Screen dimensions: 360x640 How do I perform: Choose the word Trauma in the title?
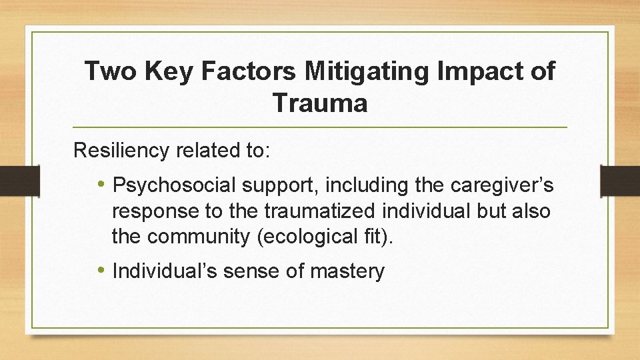(319, 103)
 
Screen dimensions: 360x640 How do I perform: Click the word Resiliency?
(121, 151)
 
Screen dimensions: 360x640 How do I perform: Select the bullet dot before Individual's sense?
(100, 271)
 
